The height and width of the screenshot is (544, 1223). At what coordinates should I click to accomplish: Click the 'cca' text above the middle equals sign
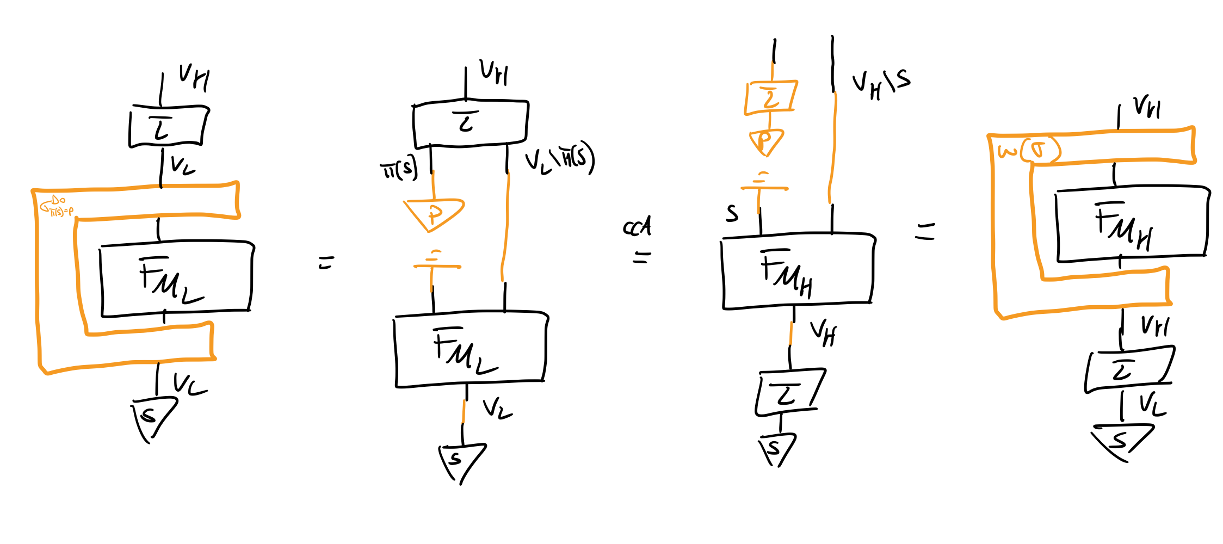[x=637, y=226]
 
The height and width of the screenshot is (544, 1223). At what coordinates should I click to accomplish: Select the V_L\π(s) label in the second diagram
[x=559, y=158]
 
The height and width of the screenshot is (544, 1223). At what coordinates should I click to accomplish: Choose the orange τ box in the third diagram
[x=770, y=98]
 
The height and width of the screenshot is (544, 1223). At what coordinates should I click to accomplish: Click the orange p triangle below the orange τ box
[x=766, y=141]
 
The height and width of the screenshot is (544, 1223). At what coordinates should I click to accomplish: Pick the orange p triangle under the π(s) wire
[x=434, y=214]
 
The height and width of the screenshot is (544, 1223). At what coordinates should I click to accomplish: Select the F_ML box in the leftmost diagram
[x=176, y=279]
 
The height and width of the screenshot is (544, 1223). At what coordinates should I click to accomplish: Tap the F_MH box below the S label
[x=798, y=270]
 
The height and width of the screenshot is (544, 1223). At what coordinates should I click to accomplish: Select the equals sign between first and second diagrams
[x=326, y=263]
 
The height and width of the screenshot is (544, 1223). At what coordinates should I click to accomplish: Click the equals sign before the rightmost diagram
[x=924, y=231]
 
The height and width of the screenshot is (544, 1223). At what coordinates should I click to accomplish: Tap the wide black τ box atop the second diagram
[x=470, y=123]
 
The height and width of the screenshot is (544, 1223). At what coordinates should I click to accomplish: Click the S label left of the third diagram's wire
[x=732, y=213]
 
